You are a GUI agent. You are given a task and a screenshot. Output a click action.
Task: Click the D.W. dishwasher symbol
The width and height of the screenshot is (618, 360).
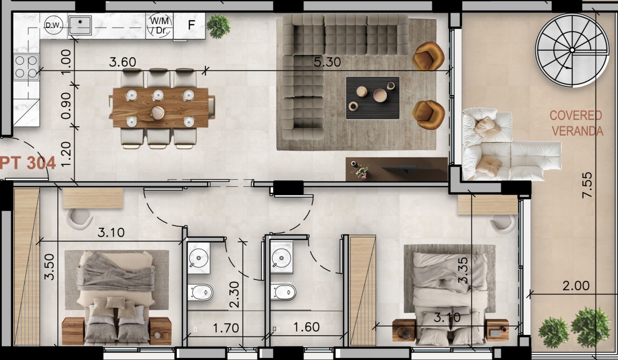pyautogui.click(x=53, y=25)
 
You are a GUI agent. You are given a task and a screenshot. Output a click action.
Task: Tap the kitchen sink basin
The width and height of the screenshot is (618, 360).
pyautogui.click(x=80, y=26)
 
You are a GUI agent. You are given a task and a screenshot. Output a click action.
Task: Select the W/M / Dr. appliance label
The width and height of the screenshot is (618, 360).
pyautogui.click(x=159, y=26)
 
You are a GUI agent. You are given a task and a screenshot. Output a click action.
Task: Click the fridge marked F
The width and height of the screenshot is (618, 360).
pyautogui.click(x=191, y=25)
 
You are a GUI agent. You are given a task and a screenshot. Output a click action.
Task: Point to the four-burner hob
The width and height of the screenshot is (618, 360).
pyautogui.click(x=26, y=67)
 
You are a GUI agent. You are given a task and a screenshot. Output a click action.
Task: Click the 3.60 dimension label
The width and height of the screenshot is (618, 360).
pyautogui.click(x=122, y=62)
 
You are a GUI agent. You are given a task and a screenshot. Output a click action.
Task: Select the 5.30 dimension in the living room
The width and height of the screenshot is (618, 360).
pyautogui.click(x=327, y=62)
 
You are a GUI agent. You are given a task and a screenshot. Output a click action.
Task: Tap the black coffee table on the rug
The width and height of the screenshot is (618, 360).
pyautogui.click(x=372, y=98)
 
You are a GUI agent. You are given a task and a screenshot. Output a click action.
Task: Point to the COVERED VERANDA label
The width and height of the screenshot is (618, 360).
pyautogui.click(x=576, y=123)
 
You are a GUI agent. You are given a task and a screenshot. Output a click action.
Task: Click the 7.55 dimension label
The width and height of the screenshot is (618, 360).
pyautogui.click(x=587, y=185)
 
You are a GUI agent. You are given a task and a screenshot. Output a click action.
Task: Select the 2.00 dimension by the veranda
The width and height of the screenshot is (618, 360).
pyautogui.click(x=576, y=286)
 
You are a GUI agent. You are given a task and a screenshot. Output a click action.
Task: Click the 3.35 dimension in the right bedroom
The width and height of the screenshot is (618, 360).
pyautogui.click(x=463, y=270)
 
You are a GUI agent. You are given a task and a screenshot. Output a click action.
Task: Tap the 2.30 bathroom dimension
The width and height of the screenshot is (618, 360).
pyautogui.click(x=234, y=294)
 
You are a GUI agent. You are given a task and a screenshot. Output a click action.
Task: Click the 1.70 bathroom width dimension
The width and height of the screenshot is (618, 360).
pyautogui.click(x=226, y=328)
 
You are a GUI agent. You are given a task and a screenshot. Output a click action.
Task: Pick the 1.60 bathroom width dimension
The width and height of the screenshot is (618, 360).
pyautogui.click(x=306, y=327)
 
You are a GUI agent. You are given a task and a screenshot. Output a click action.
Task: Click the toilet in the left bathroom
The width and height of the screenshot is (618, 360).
pyautogui.click(x=200, y=292)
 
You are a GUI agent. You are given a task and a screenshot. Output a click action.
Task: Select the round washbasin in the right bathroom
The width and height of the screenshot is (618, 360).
pyautogui.click(x=282, y=258)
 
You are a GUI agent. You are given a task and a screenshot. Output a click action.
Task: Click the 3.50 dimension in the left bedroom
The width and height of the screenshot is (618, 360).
pyautogui.click(x=49, y=267)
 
